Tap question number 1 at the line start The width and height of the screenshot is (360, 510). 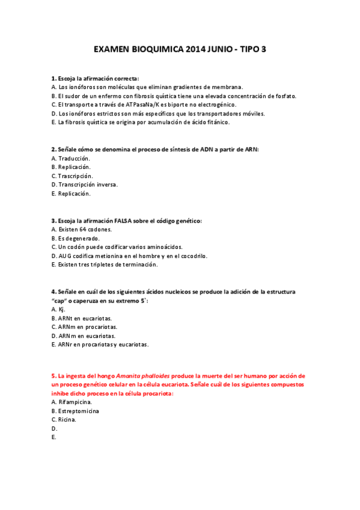point(53,78)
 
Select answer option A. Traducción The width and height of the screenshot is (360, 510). point(73,158)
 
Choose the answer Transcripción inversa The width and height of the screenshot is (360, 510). point(88,185)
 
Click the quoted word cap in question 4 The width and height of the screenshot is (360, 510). point(59,300)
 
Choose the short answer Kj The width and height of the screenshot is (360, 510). point(61,309)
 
